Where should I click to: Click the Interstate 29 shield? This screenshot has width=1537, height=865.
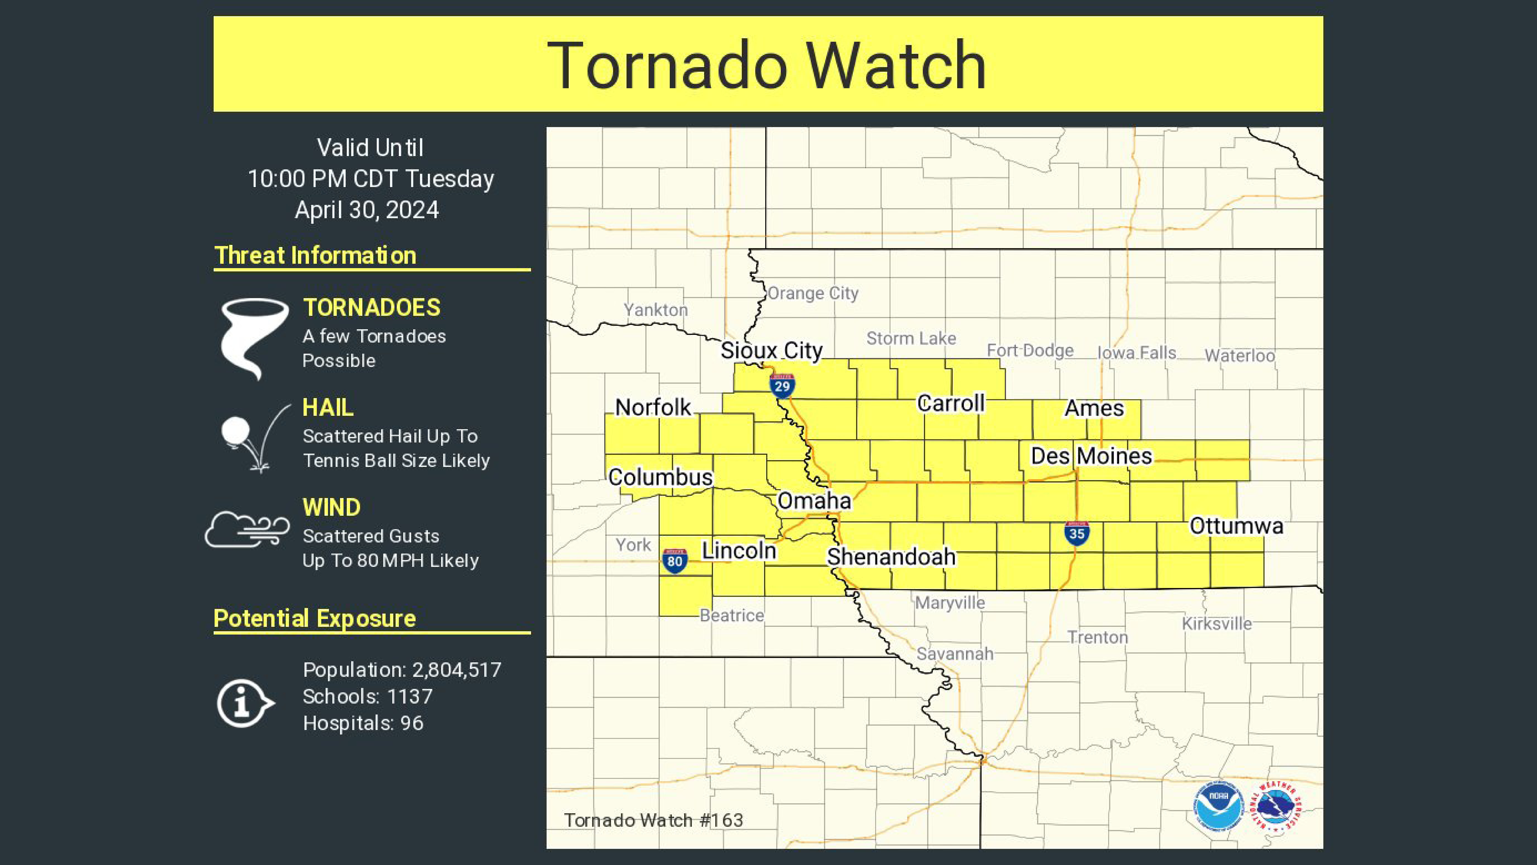[782, 386]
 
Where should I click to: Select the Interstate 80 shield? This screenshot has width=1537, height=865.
[674, 561]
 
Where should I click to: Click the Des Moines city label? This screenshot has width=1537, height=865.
[1091, 456]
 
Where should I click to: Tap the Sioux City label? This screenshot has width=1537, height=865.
[772, 350]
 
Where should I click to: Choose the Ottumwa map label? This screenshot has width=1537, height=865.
[1236, 526]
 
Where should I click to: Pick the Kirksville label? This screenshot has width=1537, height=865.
[1217, 624]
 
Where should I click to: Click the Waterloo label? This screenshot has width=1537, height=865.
[1239, 356]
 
